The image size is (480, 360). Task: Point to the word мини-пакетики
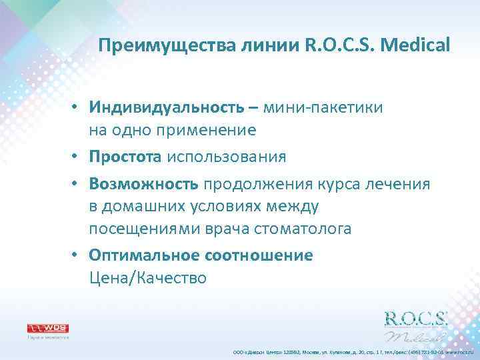(x=323, y=108)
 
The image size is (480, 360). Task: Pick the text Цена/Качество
(x=148, y=278)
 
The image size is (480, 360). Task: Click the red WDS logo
(x=47, y=328)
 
